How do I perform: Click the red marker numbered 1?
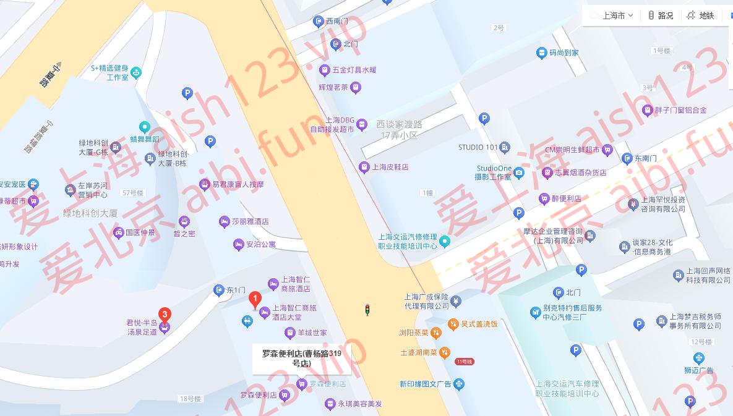tap(254, 300)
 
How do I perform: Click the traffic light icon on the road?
tap(367, 310)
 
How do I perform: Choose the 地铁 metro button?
tap(700, 15)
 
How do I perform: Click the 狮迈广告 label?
tap(699, 370)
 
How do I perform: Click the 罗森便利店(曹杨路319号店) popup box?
tap(301, 359)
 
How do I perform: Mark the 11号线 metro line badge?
tap(464, 362)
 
